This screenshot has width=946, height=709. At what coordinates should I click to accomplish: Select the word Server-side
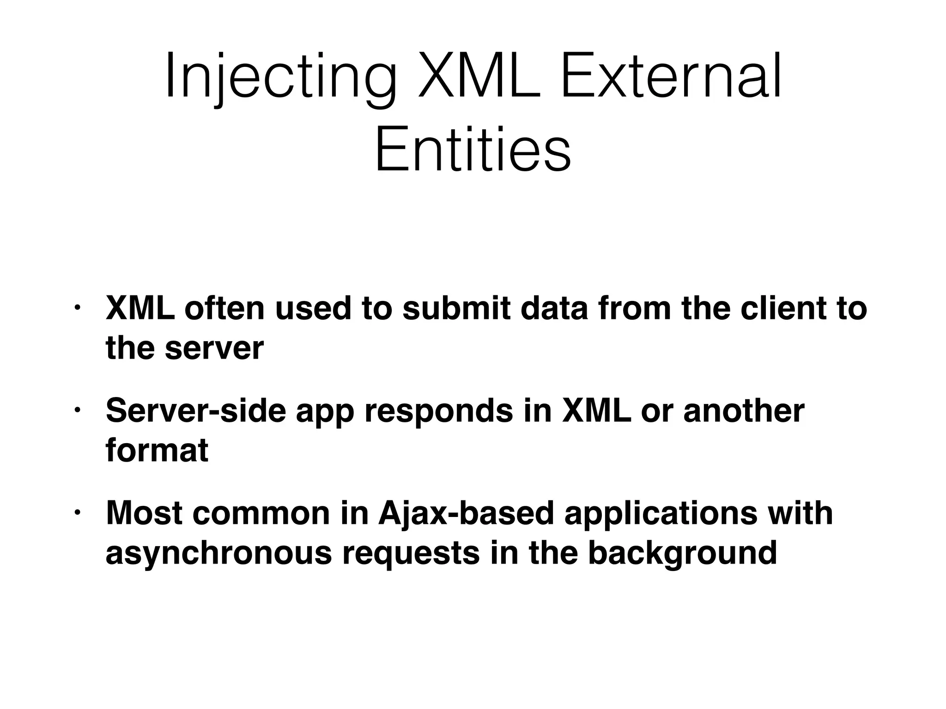tap(196, 411)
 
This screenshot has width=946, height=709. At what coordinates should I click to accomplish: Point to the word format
tap(157, 451)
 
